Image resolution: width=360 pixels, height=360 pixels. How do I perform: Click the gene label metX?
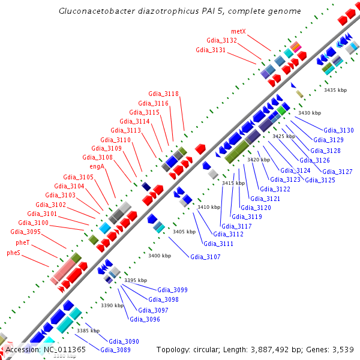pyautogui.click(x=238, y=31)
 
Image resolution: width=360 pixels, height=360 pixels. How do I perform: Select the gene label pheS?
pyautogui.click(x=14, y=253)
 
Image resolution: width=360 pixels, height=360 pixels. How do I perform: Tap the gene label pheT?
pyautogui.click(x=23, y=242)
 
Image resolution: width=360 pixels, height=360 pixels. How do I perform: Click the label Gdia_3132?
pyautogui.click(x=222, y=40)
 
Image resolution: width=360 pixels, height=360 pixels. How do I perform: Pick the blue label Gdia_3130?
pyautogui.click(x=338, y=130)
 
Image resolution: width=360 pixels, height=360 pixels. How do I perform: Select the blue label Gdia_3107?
pyautogui.click(x=205, y=257)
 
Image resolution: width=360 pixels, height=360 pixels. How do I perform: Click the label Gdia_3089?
pyautogui.click(x=115, y=350)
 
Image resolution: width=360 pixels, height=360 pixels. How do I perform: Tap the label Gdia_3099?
pyautogui.click(x=172, y=290)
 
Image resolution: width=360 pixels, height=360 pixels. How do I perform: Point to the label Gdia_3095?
pyautogui.click(x=25, y=232)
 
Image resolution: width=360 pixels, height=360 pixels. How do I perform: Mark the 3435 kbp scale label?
pyautogui.click(x=335, y=90)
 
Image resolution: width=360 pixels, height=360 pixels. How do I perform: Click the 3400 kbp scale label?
pyautogui.click(x=160, y=256)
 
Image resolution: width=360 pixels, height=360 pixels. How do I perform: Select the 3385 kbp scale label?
pyautogui.click(x=88, y=331)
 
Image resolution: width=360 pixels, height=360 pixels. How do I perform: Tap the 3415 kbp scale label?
pyautogui.click(x=233, y=183)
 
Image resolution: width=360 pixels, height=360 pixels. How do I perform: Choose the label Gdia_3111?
pyautogui.click(x=218, y=244)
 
